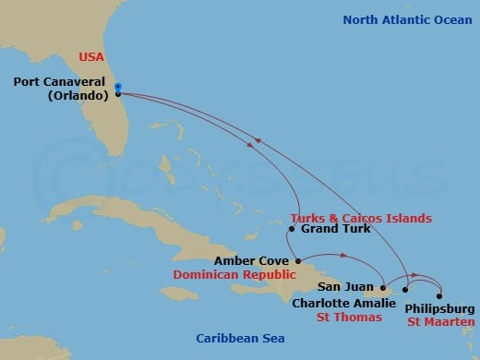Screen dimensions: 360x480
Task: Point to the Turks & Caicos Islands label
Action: pyautogui.click(x=354, y=219)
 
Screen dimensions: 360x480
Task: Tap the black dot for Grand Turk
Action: pyautogui.click(x=291, y=228)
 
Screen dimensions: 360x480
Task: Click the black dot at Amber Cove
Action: pyautogui.click(x=297, y=261)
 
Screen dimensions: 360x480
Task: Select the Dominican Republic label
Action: pyautogui.click(x=238, y=275)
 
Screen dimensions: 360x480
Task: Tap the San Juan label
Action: pyautogui.click(x=345, y=287)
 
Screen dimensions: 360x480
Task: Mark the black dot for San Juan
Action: pyautogui.click(x=385, y=285)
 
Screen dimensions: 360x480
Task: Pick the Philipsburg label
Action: pyautogui.click(x=441, y=308)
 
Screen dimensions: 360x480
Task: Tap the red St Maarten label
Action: pyautogui.click(x=441, y=322)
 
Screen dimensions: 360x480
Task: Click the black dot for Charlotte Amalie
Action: pyautogui.click(x=404, y=290)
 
